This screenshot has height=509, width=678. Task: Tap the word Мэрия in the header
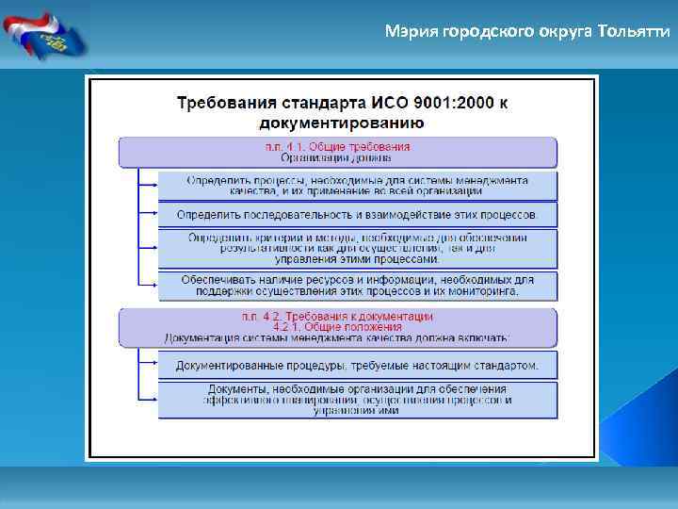407,32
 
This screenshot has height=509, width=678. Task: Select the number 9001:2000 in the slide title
445,103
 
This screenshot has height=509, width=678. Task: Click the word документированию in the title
341,123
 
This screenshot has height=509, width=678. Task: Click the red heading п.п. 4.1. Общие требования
337,147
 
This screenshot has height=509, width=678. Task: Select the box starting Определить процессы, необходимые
358,185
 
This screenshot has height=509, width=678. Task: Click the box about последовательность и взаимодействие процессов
358,215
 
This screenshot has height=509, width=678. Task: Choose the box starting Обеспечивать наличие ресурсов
358,286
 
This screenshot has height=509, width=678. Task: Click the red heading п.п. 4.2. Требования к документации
337,316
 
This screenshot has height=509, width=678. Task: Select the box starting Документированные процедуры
358,365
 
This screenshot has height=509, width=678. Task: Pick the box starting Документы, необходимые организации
358,400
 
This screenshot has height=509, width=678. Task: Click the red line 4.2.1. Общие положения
337,326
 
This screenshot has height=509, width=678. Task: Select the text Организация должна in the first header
337,158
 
